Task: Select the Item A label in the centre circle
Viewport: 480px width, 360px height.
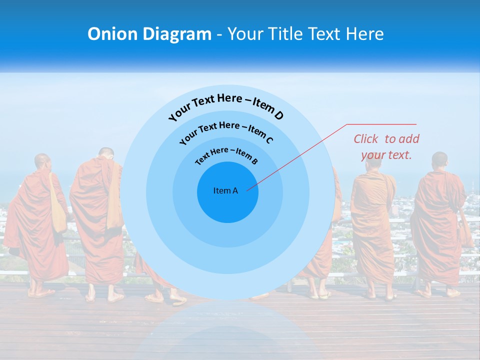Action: tap(225, 190)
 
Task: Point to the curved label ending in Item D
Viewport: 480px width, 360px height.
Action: tap(226, 106)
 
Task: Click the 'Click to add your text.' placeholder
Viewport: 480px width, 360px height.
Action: tap(386, 147)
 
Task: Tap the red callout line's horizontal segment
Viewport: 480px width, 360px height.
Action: tap(381, 124)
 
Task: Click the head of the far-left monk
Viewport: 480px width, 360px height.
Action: tap(43, 161)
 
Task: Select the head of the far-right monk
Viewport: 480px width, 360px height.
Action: tap(439, 160)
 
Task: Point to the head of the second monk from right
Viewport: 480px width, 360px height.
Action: tap(373, 160)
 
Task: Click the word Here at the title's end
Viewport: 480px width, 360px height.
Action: tap(365, 34)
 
